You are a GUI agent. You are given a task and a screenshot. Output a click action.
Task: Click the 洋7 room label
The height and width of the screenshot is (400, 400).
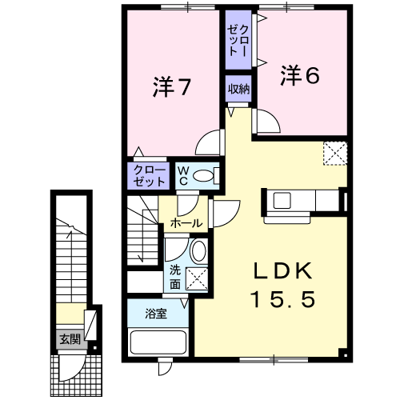pos(171,86)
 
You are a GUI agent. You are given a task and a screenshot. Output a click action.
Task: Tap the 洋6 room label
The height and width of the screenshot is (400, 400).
pos(300,75)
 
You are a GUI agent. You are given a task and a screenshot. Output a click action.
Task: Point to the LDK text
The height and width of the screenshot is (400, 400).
pos(283,271)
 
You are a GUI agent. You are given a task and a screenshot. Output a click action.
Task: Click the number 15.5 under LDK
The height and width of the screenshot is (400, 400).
pos(283,298)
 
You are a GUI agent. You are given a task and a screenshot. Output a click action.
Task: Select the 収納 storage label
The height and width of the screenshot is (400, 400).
pos(238,89)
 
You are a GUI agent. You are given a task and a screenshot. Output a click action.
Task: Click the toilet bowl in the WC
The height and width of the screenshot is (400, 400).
pos(203,176)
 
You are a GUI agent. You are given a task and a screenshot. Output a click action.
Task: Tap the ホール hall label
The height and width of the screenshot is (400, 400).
pos(186,223)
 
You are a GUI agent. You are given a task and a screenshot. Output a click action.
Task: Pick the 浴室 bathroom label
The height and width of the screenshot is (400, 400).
pos(156,314)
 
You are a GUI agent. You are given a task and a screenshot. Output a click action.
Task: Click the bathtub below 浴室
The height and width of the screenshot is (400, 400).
pos(158,342)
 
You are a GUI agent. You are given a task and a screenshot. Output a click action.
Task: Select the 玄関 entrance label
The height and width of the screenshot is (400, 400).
pos(70,339)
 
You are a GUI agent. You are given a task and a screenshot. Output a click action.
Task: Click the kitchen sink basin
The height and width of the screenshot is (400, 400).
pos(282,201)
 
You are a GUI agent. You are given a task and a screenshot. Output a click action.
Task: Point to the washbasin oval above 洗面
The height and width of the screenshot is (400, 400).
pos(199,251)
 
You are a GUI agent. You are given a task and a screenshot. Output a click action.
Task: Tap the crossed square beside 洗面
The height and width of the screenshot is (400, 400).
pos(197,279)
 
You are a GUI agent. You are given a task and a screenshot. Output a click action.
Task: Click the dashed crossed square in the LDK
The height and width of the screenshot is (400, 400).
pos(335,154)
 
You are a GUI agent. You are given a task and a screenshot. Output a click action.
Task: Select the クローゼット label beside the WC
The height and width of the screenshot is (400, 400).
pos(150,176)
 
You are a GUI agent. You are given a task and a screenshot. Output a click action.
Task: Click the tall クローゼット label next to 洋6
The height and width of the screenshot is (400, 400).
pos(238,41)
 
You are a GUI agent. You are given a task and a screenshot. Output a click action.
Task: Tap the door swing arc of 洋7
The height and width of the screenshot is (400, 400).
pos(204,136)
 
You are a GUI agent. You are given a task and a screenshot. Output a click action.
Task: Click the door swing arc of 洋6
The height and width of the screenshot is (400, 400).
pos(273,116)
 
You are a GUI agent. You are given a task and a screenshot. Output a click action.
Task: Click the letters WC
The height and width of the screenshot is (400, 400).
pos(183,176)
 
